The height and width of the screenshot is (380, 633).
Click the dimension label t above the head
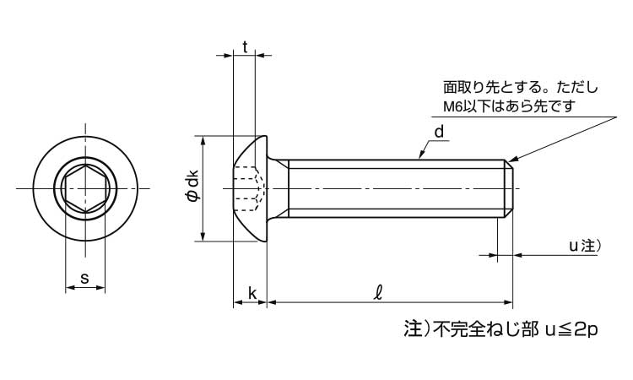pyautogui.click(x=245, y=48)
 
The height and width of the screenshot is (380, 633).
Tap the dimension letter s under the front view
pyautogui.click(x=84, y=278)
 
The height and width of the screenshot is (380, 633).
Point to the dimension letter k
pyautogui.click(x=252, y=293)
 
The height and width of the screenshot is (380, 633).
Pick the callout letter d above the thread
pyautogui.click(x=439, y=132)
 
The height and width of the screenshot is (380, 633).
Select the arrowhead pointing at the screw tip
pyautogui.click(x=512, y=159)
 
